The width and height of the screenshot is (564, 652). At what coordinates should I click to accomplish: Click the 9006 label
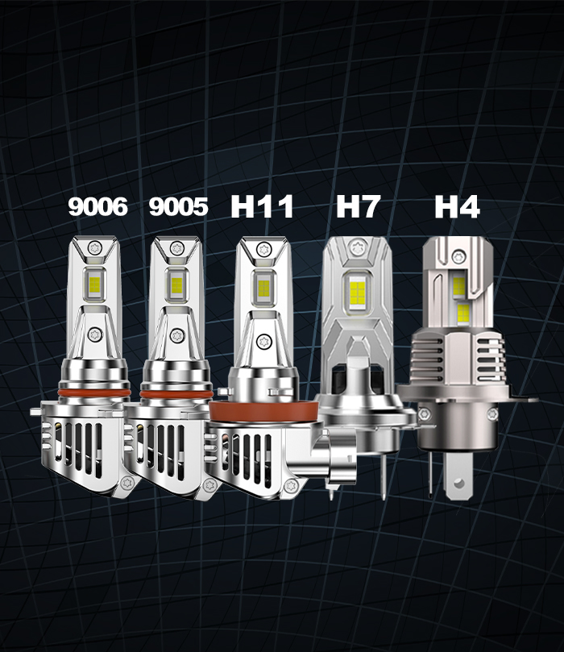pyautogui.click(x=97, y=206)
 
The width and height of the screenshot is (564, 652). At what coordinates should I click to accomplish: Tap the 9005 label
pyautogui.click(x=178, y=206)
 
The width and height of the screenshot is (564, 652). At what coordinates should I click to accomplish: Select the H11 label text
pyautogui.click(x=262, y=206)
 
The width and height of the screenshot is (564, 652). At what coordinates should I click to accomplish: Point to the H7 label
pyautogui.click(x=359, y=206)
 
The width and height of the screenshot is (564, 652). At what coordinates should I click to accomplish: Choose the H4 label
pyautogui.click(x=457, y=206)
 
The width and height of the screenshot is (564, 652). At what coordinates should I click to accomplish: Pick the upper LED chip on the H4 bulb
pyautogui.click(x=458, y=284)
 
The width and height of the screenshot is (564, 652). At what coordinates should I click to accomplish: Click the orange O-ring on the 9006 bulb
pyautogui.click(x=95, y=393)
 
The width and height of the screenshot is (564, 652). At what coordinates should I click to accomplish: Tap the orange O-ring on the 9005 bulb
pyautogui.click(x=176, y=393)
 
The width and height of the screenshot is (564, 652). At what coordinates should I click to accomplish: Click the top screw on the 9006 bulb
pyautogui.click(x=95, y=247)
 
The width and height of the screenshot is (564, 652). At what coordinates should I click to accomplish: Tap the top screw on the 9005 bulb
pyautogui.click(x=176, y=247)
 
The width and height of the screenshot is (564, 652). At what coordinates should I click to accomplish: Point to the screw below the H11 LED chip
pyautogui.click(x=261, y=340)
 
